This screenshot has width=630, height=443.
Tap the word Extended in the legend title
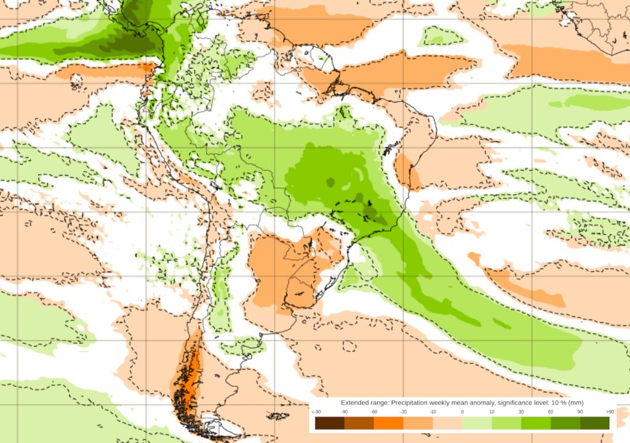[x=354, y=402]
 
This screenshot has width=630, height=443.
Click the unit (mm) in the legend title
[x=575, y=402]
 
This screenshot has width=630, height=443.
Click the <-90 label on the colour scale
[x=316, y=412]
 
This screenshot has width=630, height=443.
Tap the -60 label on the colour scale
[x=373, y=412]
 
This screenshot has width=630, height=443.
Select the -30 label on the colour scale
[x=403, y=412]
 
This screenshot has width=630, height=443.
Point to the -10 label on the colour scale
[x=433, y=412]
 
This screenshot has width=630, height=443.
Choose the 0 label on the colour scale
[x=462, y=412]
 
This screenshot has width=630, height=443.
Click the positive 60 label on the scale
[x=551, y=412]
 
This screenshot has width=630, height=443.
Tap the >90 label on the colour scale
[x=610, y=412]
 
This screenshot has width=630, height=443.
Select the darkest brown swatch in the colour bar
[x=330, y=423]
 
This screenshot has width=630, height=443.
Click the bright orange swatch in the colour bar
[x=388, y=423]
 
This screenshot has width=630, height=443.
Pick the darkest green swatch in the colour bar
[x=594, y=423]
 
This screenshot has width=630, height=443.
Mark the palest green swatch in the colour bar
[x=477, y=423]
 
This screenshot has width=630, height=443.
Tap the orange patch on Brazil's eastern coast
[x=406, y=172]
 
